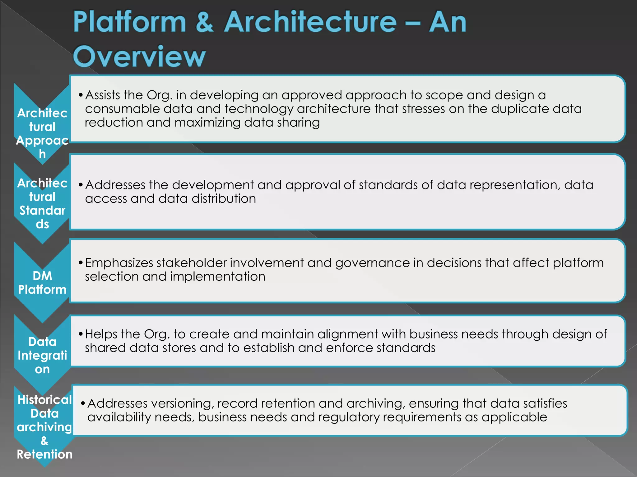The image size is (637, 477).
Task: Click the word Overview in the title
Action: click(139, 57)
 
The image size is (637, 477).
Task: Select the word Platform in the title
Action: click(129, 22)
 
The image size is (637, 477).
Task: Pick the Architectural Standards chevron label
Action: click(42, 203)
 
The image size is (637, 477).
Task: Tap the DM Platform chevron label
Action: click(42, 283)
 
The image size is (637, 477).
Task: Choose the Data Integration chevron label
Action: click(42, 355)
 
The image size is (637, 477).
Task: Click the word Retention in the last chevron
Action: click(44, 454)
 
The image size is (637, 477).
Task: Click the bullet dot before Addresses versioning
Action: click(83, 403)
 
